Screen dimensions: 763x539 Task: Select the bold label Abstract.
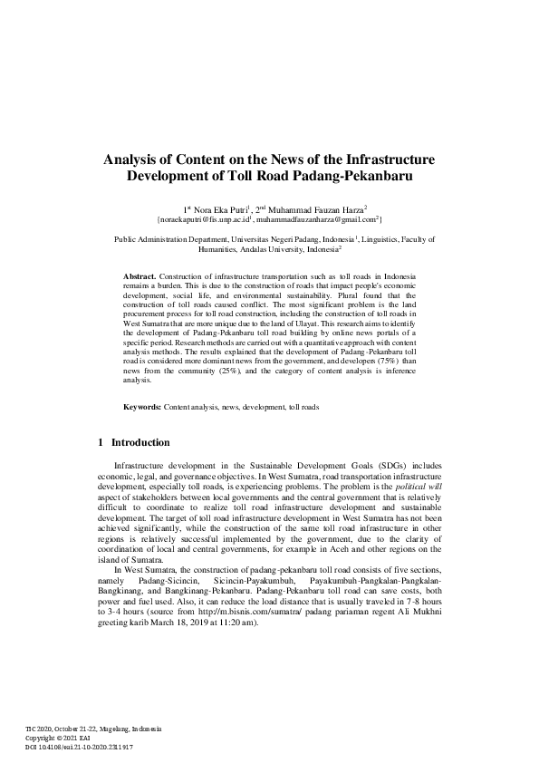click(x=140, y=274)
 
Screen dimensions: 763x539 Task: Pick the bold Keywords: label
click(x=142, y=407)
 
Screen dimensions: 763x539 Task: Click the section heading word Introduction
click(x=140, y=442)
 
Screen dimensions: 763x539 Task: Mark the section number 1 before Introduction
click(x=100, y=442)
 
